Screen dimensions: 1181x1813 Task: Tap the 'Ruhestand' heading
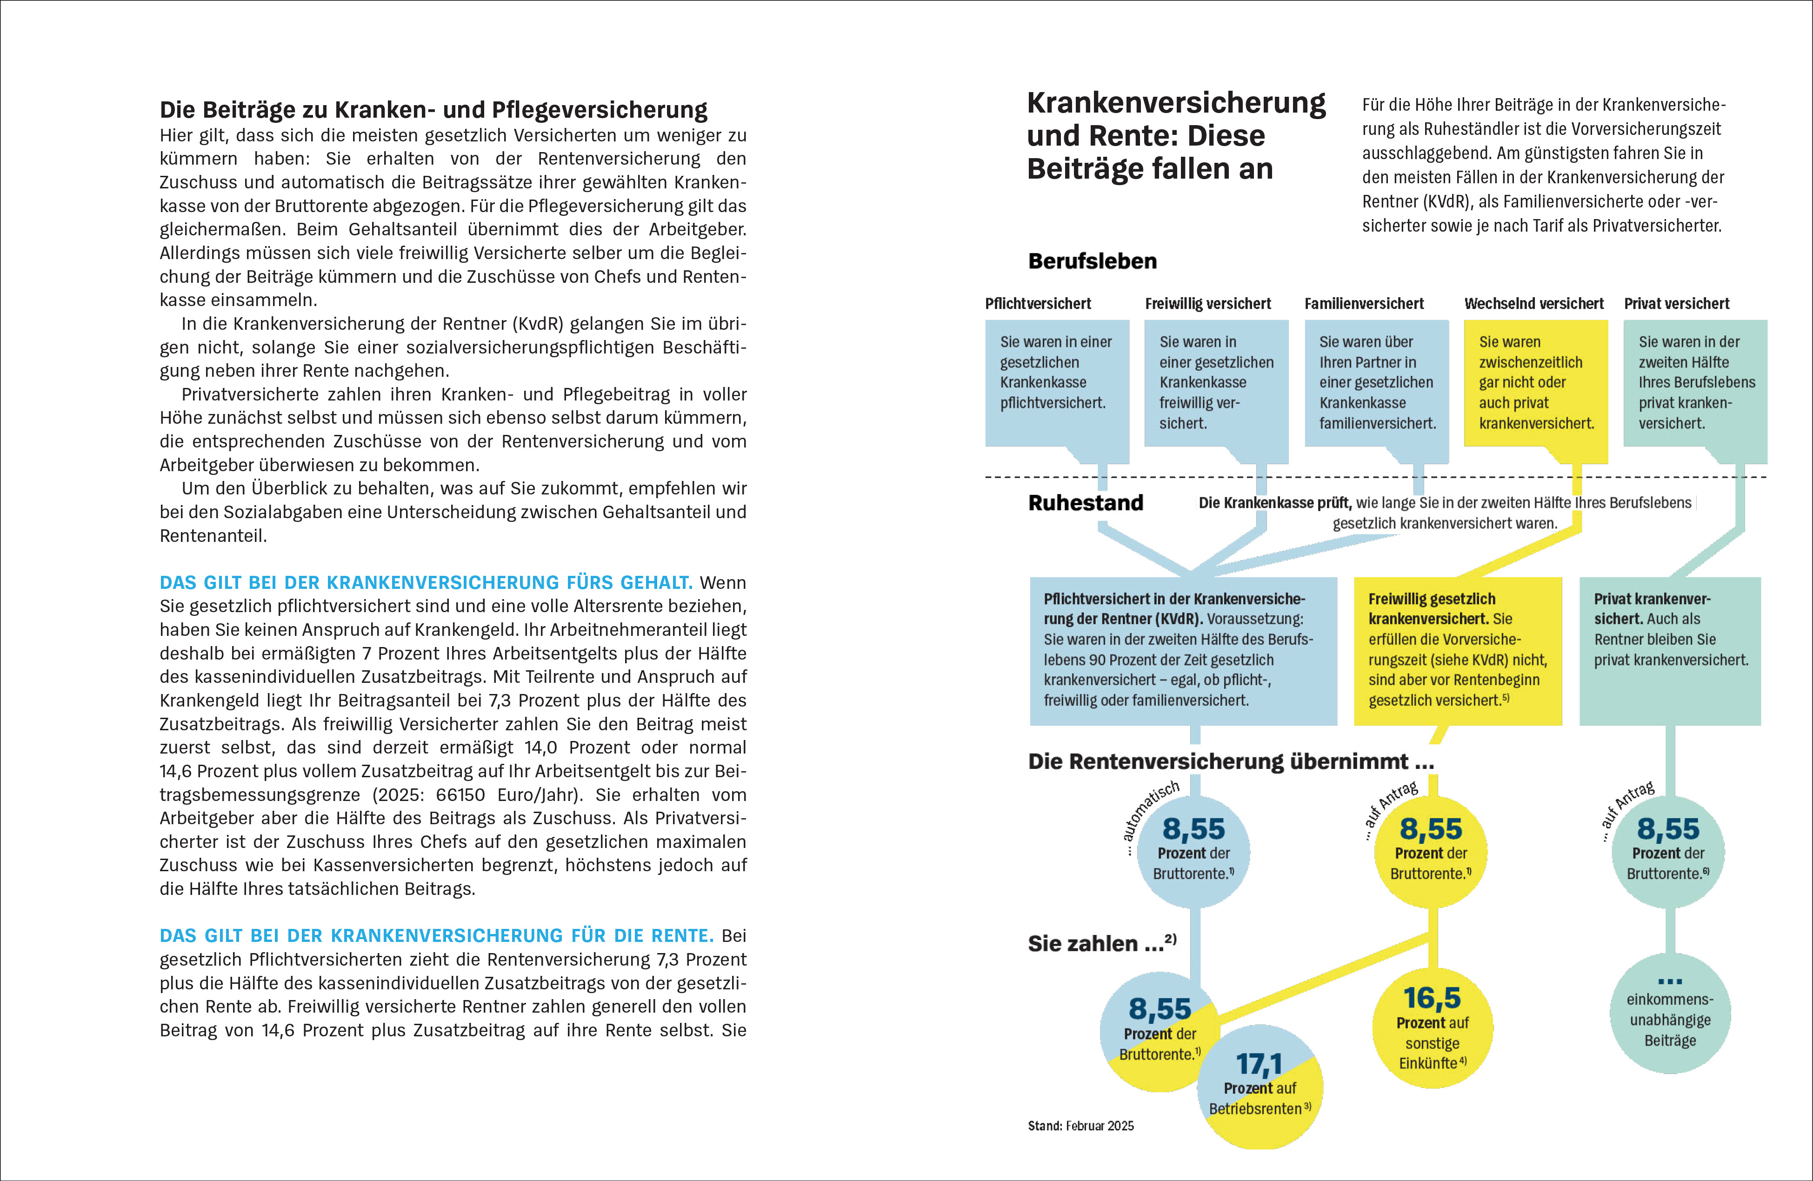1086,503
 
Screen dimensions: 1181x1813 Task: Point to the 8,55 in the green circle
1667,829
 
